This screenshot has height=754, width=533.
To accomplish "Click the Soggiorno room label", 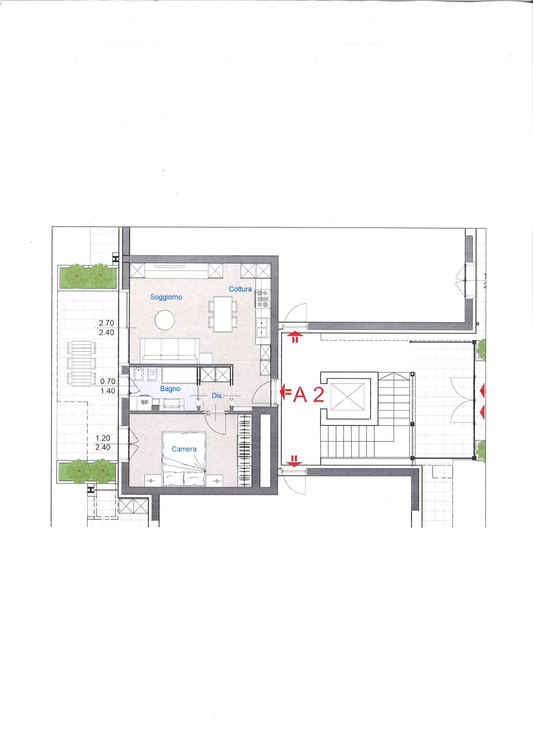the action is pos(166,297).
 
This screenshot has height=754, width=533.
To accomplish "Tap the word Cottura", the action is pos(240,289).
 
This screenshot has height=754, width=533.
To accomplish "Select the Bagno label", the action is pos(170,389).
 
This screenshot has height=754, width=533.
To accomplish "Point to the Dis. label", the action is pos(217,396).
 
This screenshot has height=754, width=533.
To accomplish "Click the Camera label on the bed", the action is pos(184,449).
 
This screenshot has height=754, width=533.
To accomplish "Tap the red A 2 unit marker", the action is pos(309,395).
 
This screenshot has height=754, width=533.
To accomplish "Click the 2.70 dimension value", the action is pos(106,323).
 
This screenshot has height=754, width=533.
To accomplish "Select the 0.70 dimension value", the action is pos(108,381).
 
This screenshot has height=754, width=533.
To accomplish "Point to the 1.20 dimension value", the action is pos(103,438).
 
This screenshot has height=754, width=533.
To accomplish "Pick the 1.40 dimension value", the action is pos(108,391).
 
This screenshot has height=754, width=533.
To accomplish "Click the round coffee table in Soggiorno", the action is pos(165,320).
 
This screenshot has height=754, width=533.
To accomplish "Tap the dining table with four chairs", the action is pos(222,313).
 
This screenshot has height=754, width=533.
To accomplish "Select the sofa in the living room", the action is pos(170,350).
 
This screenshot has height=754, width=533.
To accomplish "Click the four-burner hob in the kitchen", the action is pos(262,299).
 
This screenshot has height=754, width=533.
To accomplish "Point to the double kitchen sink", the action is pos(262,328).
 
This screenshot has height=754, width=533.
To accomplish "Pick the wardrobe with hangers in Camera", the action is pos(245,450).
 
